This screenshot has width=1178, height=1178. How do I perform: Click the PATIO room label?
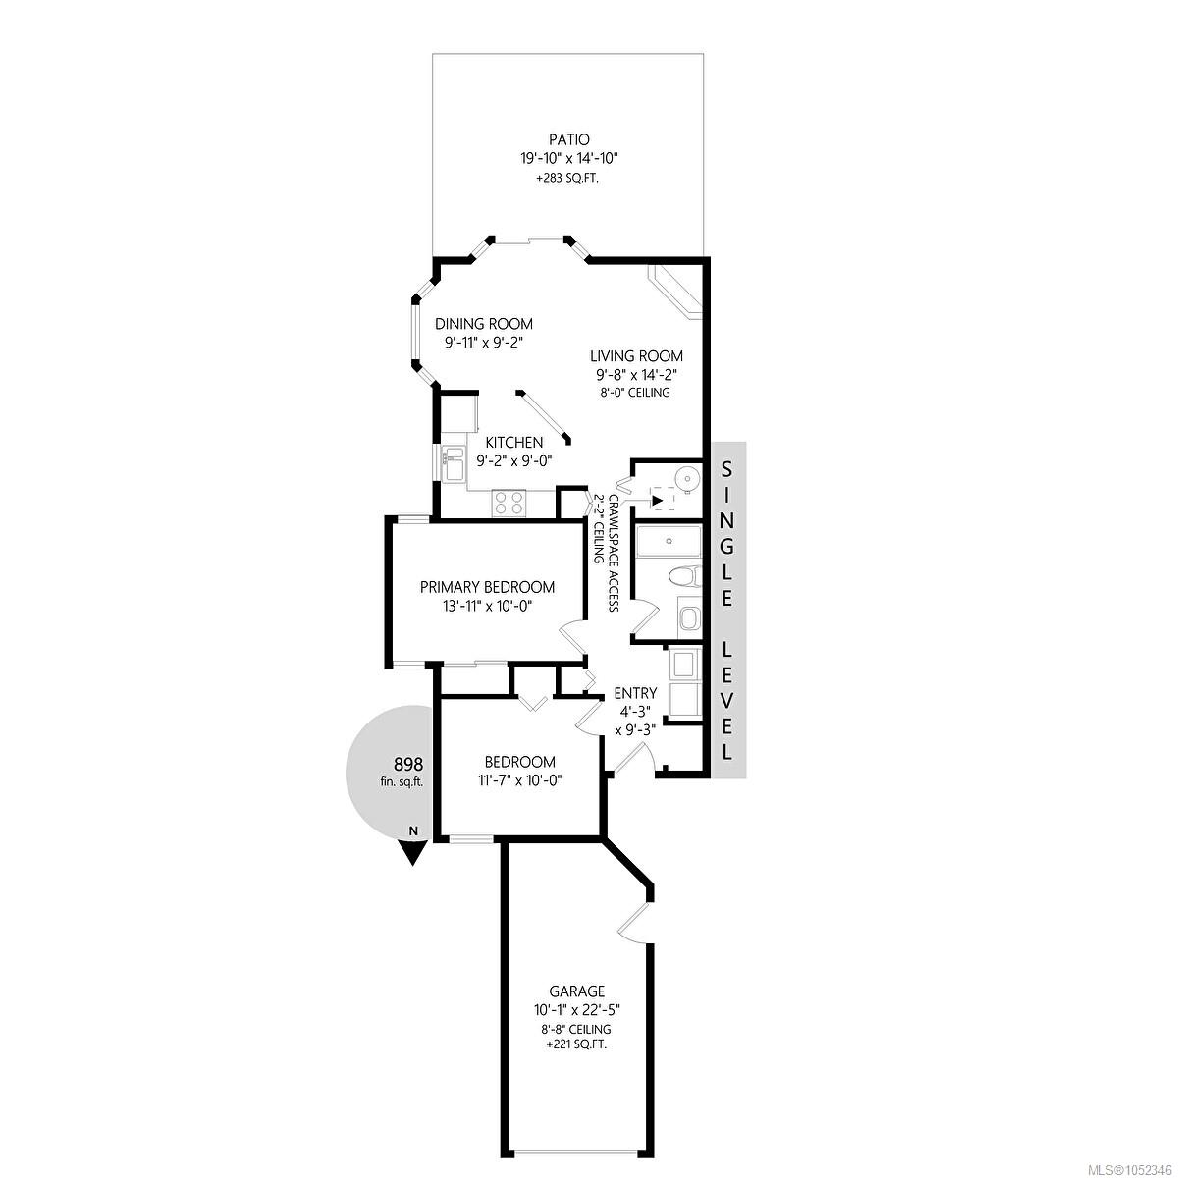568,139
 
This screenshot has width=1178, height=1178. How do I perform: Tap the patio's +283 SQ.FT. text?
568,179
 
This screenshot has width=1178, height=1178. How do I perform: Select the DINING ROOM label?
484,324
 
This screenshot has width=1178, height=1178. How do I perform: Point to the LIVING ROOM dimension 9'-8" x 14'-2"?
636,374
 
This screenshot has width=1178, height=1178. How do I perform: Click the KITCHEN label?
514,442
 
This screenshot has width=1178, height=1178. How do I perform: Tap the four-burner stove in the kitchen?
509,504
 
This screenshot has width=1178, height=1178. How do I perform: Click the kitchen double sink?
453,463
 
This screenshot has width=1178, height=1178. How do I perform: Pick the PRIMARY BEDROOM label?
487,587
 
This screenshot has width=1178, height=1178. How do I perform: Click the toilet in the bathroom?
684,576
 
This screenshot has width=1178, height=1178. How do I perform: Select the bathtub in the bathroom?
669,541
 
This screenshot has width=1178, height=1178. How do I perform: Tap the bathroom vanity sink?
689,618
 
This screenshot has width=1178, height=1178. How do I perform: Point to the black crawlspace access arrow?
657,501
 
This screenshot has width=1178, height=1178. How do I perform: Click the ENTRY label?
636,693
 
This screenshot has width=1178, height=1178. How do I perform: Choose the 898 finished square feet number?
408,764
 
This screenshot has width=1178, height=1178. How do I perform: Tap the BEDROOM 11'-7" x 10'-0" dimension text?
519,780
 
